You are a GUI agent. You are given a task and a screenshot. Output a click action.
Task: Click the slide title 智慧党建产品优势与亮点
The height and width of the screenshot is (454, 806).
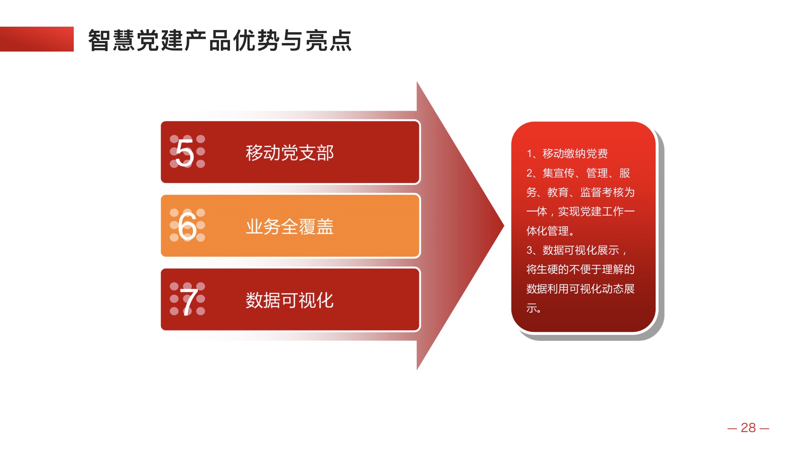(x=220, y=40)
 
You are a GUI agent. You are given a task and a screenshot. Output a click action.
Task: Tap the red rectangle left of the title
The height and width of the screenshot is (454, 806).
(x=37, y=39)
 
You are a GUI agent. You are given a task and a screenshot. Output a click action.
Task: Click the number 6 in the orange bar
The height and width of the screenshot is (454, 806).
(x=187, y=226)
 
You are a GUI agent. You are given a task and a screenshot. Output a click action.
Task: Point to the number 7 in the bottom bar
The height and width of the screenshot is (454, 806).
(x=189, y=302)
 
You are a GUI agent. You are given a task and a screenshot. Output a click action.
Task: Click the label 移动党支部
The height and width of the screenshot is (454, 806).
(x=289, y=153)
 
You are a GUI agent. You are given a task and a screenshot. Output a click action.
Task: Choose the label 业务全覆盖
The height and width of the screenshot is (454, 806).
(x=289, y=227)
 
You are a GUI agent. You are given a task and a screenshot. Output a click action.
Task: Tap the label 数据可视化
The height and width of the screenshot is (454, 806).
(x=289, y=300)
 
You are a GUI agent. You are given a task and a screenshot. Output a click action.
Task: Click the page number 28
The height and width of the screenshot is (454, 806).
(x=748, y=428)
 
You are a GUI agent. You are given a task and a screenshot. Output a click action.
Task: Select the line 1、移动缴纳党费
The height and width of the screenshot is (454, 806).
(x=567, y=154)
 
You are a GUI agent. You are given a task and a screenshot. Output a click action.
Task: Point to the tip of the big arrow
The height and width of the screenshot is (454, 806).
(x=504, y=226)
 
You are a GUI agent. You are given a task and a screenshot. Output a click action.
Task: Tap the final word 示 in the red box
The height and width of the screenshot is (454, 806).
(x=531, y=308)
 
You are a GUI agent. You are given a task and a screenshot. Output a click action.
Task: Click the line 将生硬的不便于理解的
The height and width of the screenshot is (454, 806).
(x=580, y=269)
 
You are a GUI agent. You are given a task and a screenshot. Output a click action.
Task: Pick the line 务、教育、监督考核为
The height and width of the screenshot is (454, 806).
(x=580, y=192)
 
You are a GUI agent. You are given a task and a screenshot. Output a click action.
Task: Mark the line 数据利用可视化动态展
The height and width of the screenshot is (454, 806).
(x=580, y=289)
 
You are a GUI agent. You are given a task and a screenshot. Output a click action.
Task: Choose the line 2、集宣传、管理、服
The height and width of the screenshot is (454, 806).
(x=578, y=173)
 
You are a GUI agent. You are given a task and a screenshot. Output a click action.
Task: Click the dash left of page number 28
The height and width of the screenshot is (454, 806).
(x=732, y=428)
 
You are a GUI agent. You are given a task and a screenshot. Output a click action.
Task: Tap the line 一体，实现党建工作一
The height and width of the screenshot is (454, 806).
(x=580, y=212)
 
